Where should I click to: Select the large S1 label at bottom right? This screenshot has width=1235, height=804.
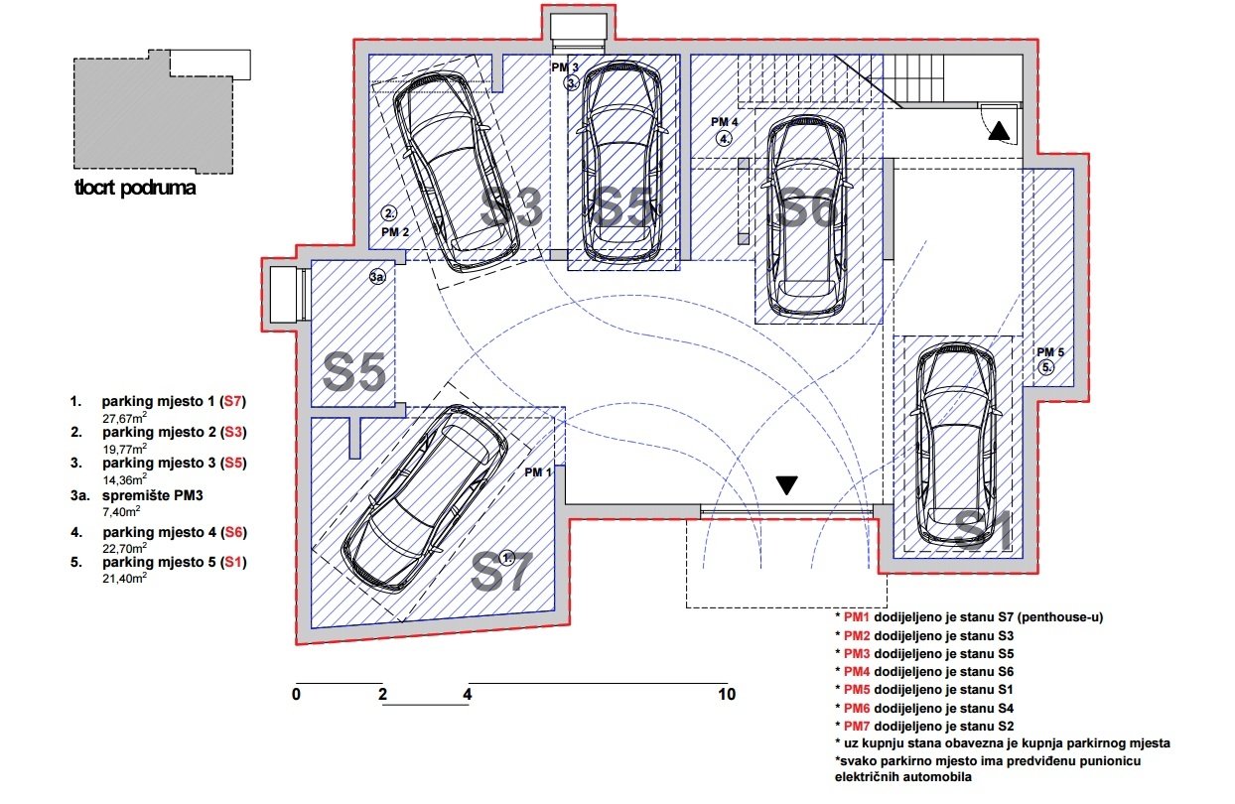point(983,531)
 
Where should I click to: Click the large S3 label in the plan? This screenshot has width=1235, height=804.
point(512,209)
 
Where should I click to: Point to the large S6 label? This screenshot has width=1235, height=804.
point(805,209)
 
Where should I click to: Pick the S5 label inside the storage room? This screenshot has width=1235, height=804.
point(354,373)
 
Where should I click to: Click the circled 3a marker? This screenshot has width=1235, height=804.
point(377,278)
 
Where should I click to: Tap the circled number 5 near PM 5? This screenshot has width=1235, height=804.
point(1046,367)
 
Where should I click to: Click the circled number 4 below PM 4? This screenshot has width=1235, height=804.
point(725,138)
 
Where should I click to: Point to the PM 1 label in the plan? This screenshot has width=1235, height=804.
point(539,471)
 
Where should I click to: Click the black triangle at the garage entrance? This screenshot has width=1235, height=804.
point(787,485)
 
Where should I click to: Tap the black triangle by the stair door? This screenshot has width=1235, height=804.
point(998,130)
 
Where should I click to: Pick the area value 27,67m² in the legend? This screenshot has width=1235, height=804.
point(125,418)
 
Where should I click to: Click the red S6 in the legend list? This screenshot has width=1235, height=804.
point(233,532)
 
